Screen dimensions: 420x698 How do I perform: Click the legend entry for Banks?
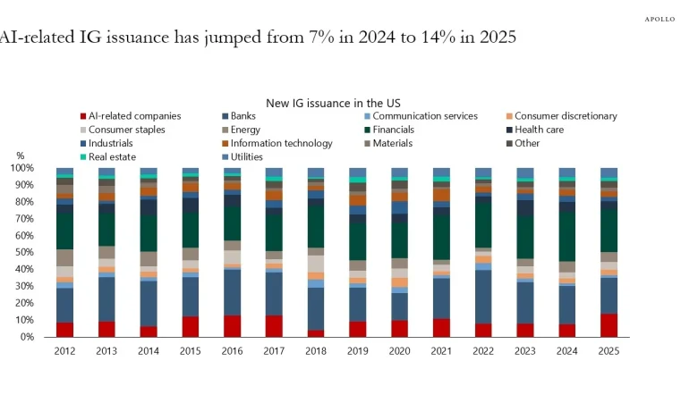(x=243, y=116)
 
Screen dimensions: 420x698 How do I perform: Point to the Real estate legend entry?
(x=109, y=156)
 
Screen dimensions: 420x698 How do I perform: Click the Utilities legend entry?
(x=247, y=156)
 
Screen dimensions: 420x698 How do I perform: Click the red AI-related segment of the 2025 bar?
(x=609, y=325)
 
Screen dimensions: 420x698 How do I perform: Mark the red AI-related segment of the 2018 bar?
(x=315, y=333)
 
